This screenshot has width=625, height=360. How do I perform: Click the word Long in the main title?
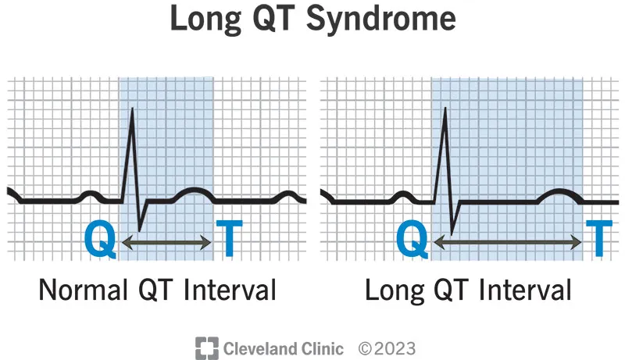pyautogui.click(x=200, y=19)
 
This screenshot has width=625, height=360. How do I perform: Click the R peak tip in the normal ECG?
pyautogui.click(x=132, y=108)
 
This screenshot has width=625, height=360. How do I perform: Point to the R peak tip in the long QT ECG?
pyautogui.click(x=445, y=108)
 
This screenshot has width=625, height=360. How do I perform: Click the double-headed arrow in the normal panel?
pyautogui.click(x=168, y=244)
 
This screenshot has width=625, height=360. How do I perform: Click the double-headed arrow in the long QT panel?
pyautogui.click(x=509, y=244)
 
